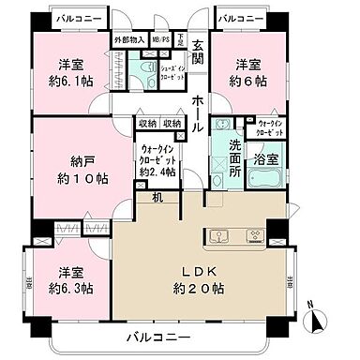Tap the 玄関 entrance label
point(198,52)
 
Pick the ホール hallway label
point(199,101)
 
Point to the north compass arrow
point(317,322)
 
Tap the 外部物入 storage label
point(129,40)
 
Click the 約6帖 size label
point(247,82)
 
